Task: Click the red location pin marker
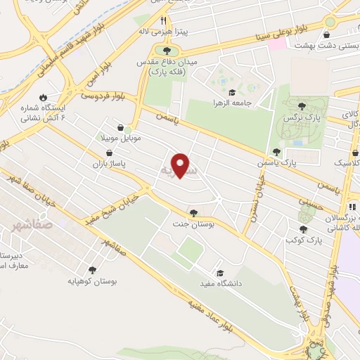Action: pos(181,165)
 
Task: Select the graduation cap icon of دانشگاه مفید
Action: pos(219,272)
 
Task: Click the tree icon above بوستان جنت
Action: pos(193,212)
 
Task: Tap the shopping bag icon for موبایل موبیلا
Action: pos(121,128)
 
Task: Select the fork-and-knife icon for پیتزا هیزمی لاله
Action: pos(164,21)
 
